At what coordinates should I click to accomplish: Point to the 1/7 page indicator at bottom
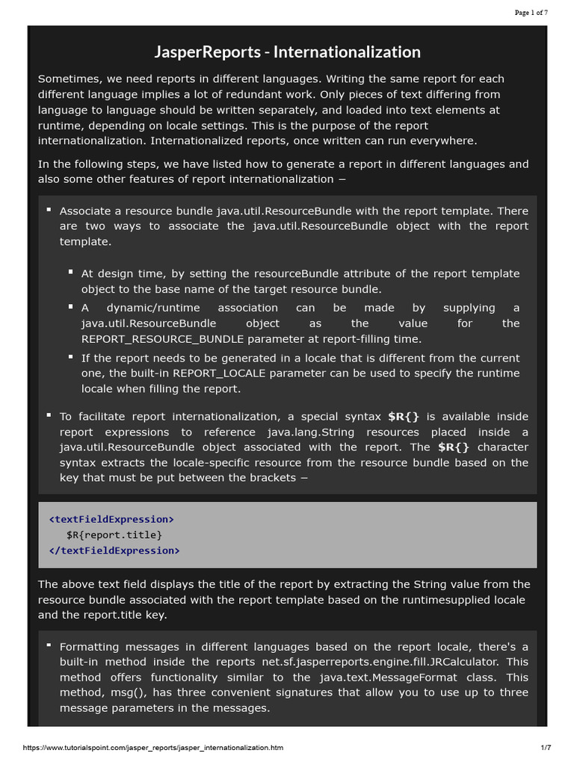(545, 747)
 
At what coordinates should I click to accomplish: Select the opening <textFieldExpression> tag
(111, 518)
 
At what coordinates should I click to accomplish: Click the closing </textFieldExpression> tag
(114, 551)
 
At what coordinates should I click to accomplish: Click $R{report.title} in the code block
(114, 535)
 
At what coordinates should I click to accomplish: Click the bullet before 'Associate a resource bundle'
(49, 210)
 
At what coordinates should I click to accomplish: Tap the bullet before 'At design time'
(70, 273)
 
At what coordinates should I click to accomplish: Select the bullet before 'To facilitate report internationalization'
(49, 415)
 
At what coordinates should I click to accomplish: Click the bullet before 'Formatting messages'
(49, 645)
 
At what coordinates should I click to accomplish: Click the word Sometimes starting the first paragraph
(67, 78)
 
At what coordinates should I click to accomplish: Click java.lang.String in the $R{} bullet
(309, 432)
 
